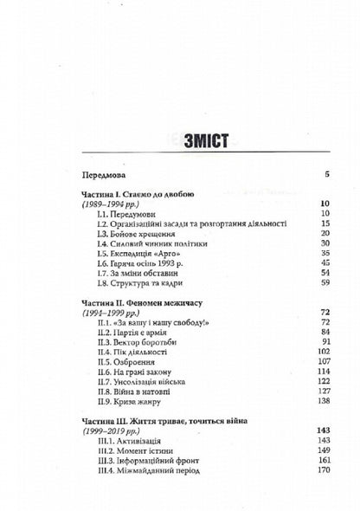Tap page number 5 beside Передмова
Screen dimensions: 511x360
click(x=303, y=174)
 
